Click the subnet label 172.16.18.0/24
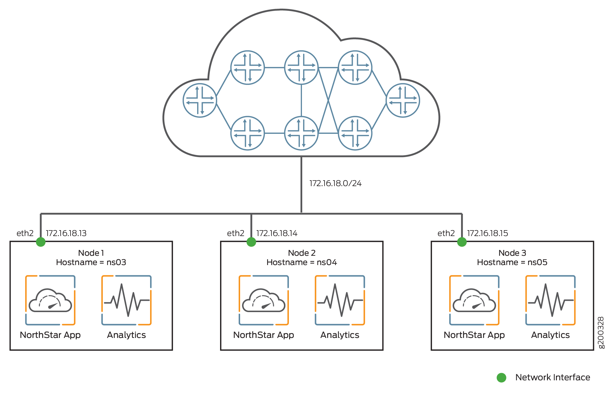335,183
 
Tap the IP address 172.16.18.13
66,233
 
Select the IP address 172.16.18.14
277,233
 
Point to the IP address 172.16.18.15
487,233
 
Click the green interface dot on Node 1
41,242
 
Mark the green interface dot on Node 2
251,242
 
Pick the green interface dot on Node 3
462,242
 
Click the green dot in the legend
501,378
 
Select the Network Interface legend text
553,377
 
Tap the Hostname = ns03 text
91,262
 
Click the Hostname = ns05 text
512,262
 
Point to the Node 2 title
302,253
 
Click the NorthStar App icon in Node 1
50,300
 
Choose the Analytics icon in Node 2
340,300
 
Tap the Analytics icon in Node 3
550,300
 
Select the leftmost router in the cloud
200,100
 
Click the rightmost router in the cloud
403,100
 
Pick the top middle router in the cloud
301,68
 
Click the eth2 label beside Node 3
446,233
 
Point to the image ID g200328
601,332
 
